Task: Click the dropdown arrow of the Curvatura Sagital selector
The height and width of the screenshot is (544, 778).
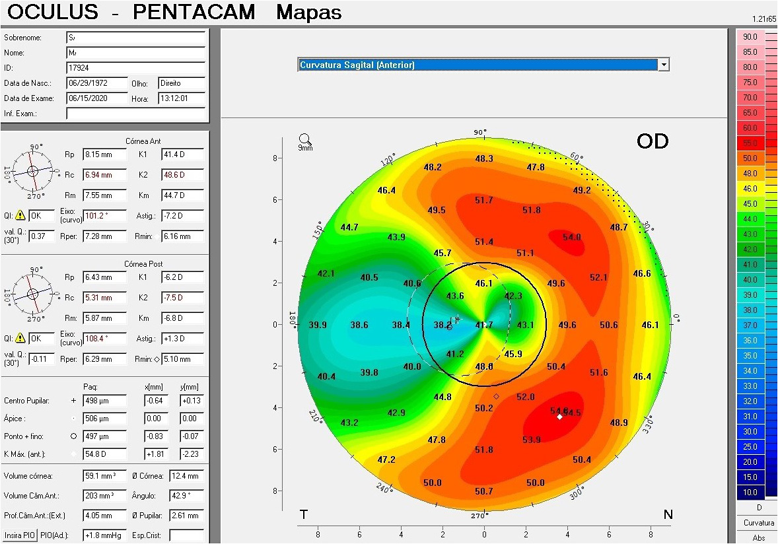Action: [664, 65]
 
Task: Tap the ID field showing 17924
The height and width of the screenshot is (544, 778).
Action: [135, 67]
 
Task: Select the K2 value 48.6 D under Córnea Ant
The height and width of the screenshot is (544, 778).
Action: [182, 175]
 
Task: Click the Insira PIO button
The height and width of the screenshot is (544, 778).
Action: [18, 535]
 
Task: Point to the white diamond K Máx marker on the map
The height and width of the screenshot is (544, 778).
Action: [560, 417]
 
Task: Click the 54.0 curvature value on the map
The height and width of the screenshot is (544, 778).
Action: [572, 237]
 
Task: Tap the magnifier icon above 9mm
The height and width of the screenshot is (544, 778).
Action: [304, 139]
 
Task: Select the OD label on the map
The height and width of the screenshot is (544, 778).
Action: [653, 141]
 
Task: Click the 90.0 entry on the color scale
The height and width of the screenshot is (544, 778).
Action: [750, 37]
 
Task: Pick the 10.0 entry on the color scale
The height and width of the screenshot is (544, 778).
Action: [750, 493]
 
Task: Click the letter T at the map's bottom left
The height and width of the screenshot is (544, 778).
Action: [304, 514]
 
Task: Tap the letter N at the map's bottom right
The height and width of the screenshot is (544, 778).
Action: [668, 514]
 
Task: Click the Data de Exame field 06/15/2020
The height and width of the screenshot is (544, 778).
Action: [96, 98]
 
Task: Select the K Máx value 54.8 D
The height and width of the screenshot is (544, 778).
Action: [104, 454]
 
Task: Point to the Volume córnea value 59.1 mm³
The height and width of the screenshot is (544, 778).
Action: [104, 476]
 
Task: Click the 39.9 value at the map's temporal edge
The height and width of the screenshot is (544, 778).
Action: [318, 325]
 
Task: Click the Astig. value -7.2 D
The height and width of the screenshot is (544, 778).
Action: [182, 216]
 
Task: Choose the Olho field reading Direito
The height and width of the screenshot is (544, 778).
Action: [181, 83]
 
